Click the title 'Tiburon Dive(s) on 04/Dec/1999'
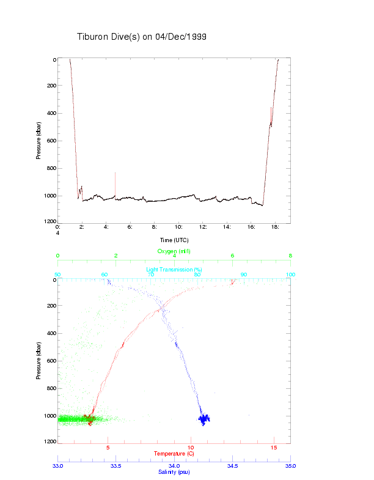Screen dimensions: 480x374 141,37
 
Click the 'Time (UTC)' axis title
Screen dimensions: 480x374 174,240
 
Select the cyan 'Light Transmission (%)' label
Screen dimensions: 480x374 174,269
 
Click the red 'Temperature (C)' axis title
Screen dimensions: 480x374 174,454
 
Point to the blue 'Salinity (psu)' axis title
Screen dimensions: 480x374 174,473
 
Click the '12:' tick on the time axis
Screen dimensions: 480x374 203,227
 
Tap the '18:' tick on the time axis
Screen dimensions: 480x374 275,227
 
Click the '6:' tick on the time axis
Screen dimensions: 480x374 130,227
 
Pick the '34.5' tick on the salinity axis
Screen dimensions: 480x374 232,466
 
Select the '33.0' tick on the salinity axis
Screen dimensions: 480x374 58,466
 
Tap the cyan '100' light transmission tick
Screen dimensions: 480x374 290,275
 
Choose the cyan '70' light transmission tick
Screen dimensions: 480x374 151,275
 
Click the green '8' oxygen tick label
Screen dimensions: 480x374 290,256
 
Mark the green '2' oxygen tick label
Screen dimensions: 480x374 116,256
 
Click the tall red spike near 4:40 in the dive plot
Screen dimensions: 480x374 115,183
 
